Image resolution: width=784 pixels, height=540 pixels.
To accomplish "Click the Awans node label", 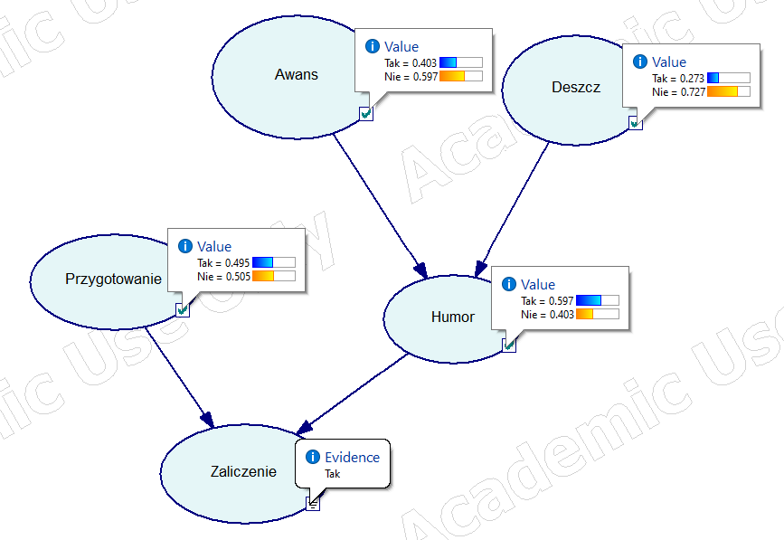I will (x=297, y=74).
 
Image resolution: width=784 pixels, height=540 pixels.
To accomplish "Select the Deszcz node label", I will (x=576, y=87).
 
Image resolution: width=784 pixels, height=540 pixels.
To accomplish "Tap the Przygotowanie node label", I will (x=114, y=279).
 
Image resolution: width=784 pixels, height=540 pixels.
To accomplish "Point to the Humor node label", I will (x=453, y=317).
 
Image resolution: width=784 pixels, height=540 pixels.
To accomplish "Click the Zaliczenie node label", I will (x=243, y=471).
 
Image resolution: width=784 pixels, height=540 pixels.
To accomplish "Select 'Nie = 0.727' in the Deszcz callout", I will (x=678, y=91).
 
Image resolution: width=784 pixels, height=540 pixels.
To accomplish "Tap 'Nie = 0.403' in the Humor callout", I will (x=547, y=314).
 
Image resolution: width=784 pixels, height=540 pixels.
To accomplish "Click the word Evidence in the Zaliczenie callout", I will (x=352, y=457).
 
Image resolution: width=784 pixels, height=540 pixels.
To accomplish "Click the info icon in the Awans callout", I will (x=372, y=46).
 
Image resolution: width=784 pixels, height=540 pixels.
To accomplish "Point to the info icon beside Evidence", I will (x=313, y=457).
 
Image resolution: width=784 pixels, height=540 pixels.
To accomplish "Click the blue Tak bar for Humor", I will (x=589, y=300).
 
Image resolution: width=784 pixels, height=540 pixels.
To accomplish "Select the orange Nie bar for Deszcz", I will (x=723, y=91).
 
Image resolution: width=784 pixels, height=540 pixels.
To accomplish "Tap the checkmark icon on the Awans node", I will (x=365, y=113).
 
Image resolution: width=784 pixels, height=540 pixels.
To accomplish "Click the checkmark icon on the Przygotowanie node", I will (x=183, y=309).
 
